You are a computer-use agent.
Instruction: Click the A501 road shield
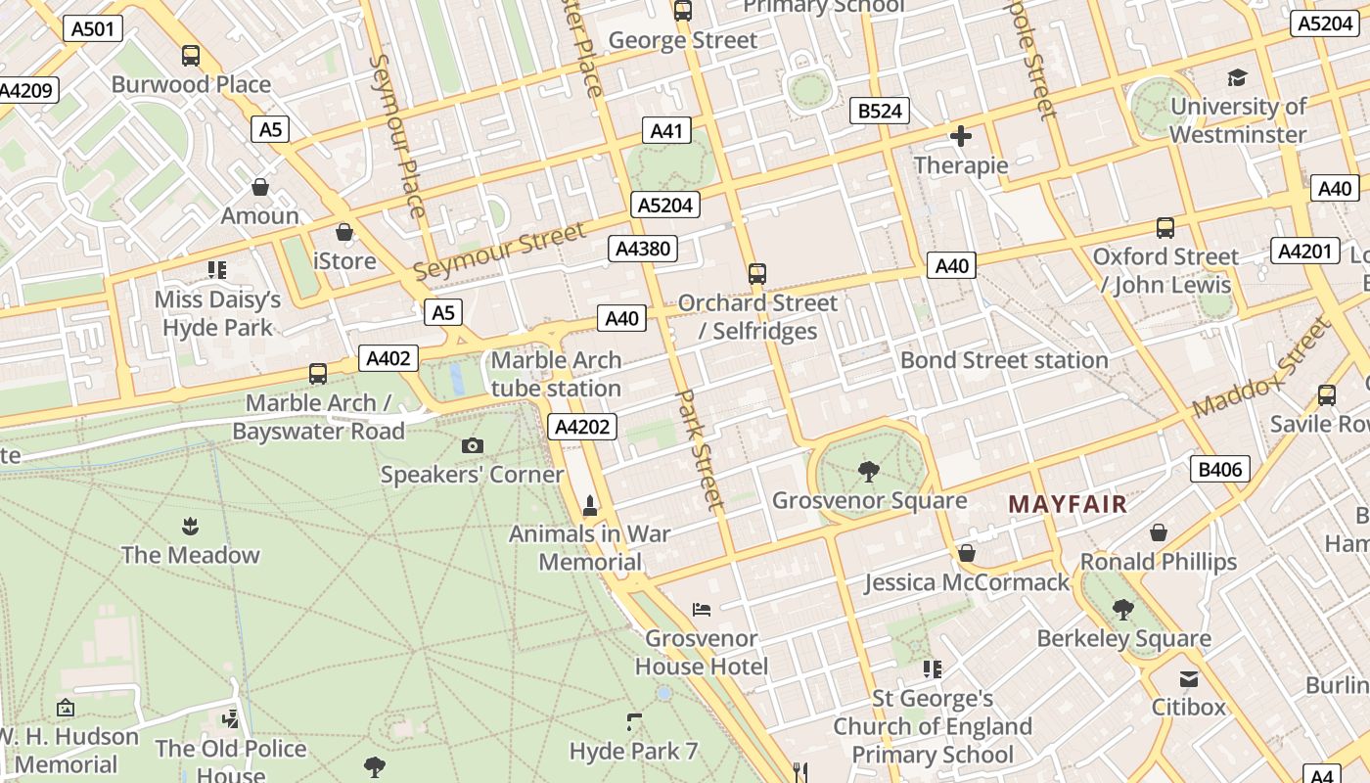pos(93,28)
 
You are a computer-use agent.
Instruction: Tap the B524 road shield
pos(879,111)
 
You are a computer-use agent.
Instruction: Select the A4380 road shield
pos(642,249)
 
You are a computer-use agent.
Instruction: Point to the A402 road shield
pos(388,358)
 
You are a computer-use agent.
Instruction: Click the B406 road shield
pos(1219,469)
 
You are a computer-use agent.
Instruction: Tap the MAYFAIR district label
pos(1068,504)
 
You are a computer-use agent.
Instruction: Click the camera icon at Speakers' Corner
pos(472,446)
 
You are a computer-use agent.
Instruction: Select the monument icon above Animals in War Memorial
pos(589,505)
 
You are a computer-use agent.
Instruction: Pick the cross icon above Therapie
pos(960,136)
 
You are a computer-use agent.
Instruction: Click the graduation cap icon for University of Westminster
pos(1238,77)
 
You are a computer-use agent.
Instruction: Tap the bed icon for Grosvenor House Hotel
pos(701,609)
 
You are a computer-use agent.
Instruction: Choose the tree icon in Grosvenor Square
pos(868,472)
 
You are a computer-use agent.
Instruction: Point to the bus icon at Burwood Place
pos(191,56)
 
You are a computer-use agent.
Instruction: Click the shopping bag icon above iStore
pos(343,232)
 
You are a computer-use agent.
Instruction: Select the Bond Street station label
pos(1004,360)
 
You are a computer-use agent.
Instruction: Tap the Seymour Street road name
pos(499,252)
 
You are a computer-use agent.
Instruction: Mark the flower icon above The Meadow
pos(190,527)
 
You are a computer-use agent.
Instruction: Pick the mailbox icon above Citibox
pos(1188,678)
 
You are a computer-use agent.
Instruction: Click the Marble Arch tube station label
pos(556,374)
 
